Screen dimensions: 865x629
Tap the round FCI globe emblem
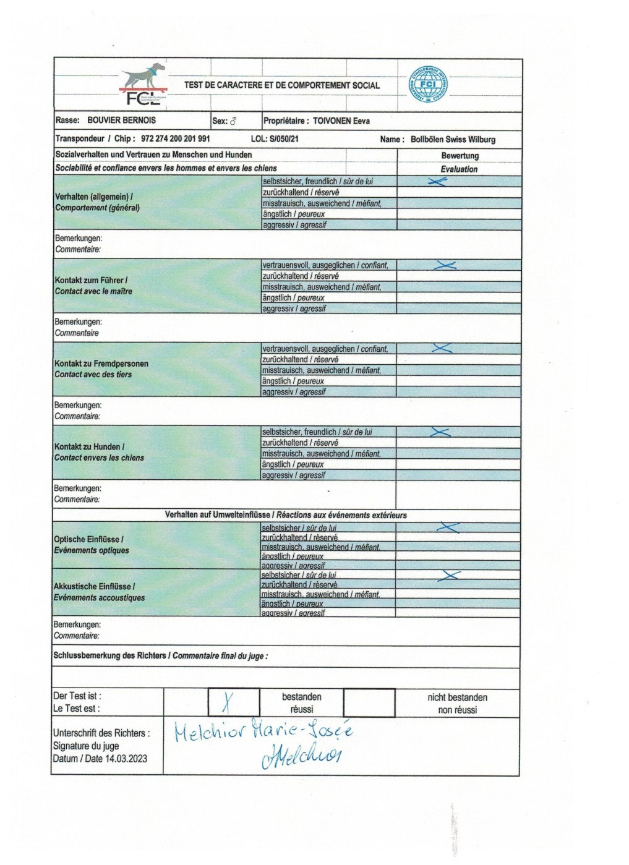pyautogui.click(x=428, y=85)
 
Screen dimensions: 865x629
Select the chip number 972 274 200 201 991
pyautogui.click(x=176, y=139)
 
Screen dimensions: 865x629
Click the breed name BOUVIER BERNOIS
pyautogui.click(x=122, y=121)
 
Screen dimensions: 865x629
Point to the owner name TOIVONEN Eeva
pyautogui.click(x=341, y=121)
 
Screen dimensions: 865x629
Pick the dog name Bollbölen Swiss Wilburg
pyautogui.click(x=453, y=140)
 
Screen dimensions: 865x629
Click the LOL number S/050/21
pyautogui.click(x=284, y=139)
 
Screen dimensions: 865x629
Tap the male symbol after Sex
pyautogui.click(x=233, y=122)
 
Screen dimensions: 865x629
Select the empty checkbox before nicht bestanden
pyautogui.click(x=369, y=703)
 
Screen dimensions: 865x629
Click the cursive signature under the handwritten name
pyautogui.click(x=302, y=755)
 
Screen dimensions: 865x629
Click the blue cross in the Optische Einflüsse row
pyautogui.click(x=448, y=528)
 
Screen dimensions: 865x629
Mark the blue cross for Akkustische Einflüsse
pyautogui.click(x=449, y=576)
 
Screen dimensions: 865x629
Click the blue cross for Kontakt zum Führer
pyautogui.click(x=445, y=265)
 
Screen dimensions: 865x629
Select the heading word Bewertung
pyautogui.click(x=460, y=156)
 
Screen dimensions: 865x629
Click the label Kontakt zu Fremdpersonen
pyautogui.click(x=101, y=364)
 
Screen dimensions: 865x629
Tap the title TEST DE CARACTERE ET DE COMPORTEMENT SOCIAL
pyautogui.click(x=282, y=85)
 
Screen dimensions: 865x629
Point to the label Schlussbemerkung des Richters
pyautogui.click(x=109, y=655)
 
